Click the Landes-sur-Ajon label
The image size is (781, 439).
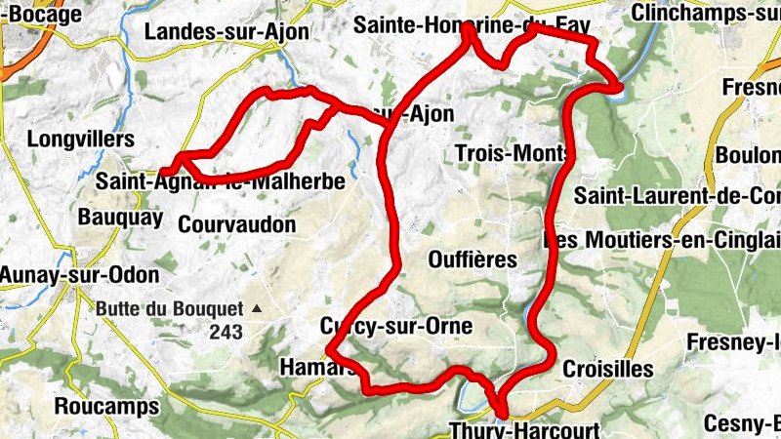coord(226,32)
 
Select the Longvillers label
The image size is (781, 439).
coord(81,140)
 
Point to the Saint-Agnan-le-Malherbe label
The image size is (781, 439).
coord(221,181)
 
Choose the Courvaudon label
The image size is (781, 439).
coord(236,223)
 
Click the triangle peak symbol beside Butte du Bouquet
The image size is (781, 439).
coord(257,308)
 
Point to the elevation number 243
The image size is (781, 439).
coord(226,332)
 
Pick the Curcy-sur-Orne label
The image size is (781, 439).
coord(395,326)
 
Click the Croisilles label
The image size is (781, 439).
coord(607,369)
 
